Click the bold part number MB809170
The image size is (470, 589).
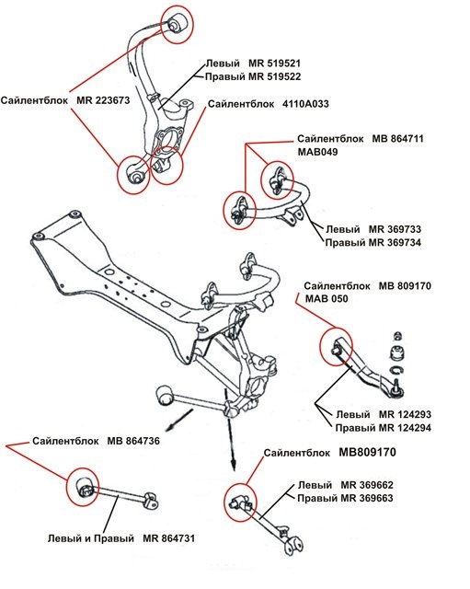[x=379, y=453]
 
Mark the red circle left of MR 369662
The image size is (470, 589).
[x=241, y=502]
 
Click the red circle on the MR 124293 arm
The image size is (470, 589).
[x=335, y=347]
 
